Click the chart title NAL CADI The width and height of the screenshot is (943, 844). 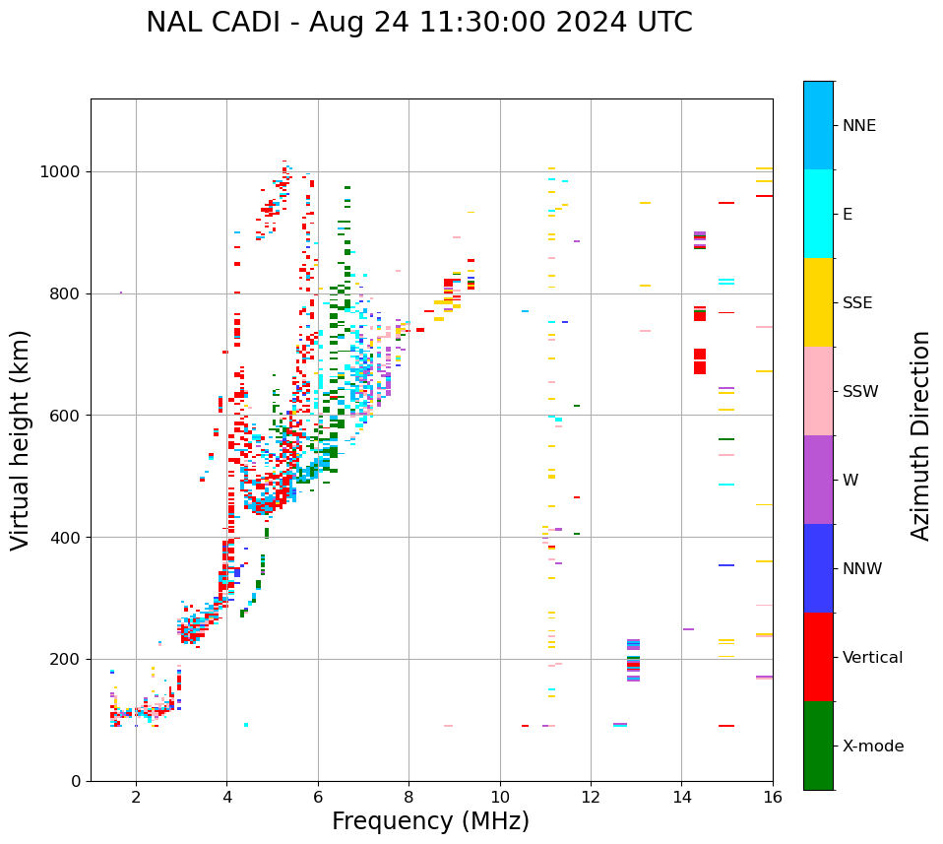click(418, 23)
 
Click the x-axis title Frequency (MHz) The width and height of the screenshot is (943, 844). click(430, 821)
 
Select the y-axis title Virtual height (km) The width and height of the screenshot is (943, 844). click(22, 440)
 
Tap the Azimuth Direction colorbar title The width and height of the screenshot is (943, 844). click(920, 435)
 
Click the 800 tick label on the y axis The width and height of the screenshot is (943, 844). click(66, 293)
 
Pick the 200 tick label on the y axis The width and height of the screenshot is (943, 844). click(66, 659)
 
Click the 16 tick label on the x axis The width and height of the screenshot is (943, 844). click(773, 797)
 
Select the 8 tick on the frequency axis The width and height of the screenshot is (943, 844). click(409, 797)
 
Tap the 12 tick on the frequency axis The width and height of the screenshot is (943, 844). click(591, 797)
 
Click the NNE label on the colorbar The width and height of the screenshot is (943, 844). click(858, 126)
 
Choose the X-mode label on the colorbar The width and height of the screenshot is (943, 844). click(872, 747)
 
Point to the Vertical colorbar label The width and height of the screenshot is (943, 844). click(872, 658)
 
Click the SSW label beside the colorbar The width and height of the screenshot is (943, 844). click(860, 392)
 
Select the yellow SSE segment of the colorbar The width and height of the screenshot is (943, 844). click(818, 302)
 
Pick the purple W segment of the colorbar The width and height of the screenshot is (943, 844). click(818, 480)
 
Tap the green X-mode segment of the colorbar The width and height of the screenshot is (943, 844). click(818, 746)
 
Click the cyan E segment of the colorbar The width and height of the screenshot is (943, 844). click(818, 214)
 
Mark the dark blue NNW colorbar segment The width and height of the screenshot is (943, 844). click(818, 568)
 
